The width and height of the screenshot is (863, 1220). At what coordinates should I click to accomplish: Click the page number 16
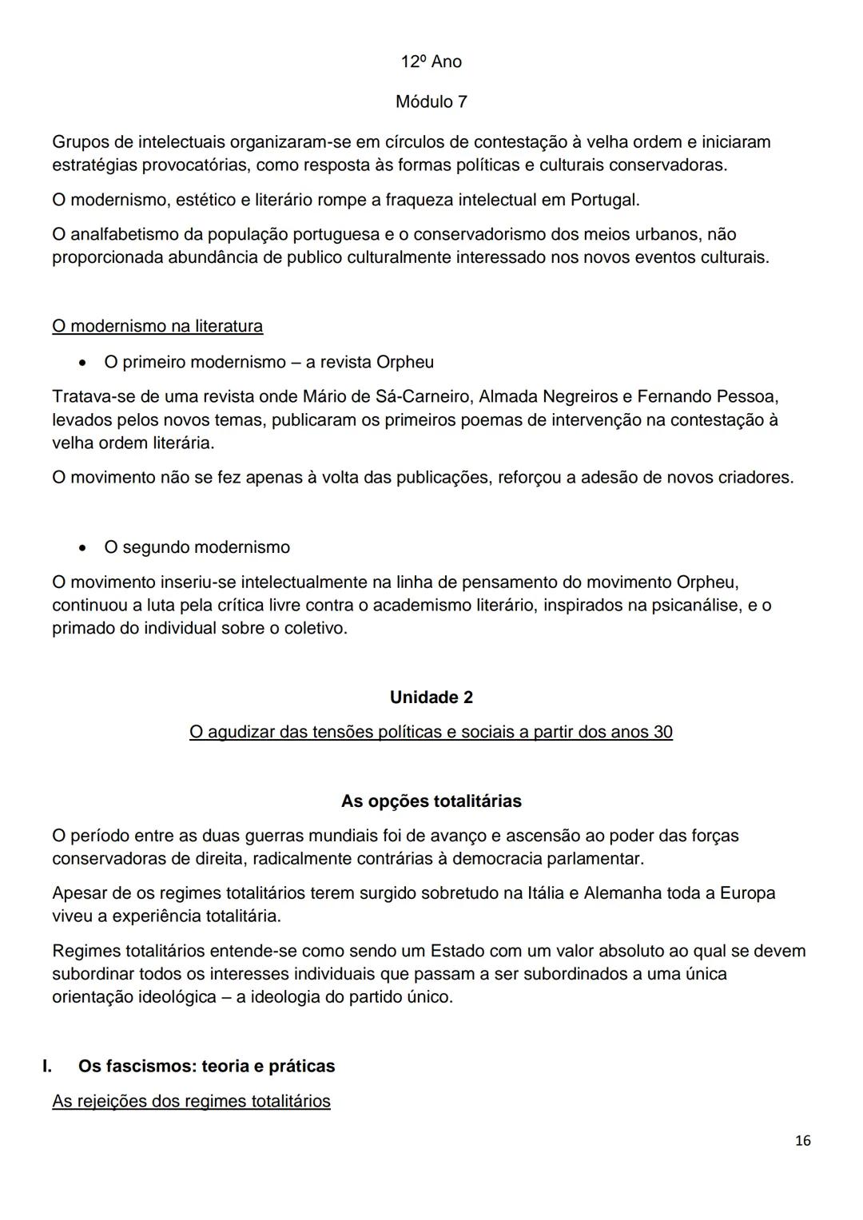tap(803, 1140)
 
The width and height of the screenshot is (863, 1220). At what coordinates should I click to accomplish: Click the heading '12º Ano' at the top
tap(431, 62)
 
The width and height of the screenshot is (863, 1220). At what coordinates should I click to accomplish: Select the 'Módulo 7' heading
tap(431, 102)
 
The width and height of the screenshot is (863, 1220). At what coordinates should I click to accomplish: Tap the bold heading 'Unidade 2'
tap(431, 697)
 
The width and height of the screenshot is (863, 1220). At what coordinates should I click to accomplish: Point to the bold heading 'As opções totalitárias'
tap(431, 801)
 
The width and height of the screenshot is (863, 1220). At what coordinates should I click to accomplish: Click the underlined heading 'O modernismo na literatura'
tap(157, 327)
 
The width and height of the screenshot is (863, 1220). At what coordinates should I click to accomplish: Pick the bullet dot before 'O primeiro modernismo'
tap(82, 363)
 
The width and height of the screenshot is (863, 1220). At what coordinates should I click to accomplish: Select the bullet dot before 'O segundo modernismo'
tap(82, 548)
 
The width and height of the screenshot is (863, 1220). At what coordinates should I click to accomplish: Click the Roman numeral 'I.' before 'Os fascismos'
tap(47, 1067)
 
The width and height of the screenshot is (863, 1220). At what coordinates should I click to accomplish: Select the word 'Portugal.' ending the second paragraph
tap(605, 200)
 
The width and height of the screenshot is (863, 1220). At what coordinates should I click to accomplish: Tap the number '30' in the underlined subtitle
tap(662, 732)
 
